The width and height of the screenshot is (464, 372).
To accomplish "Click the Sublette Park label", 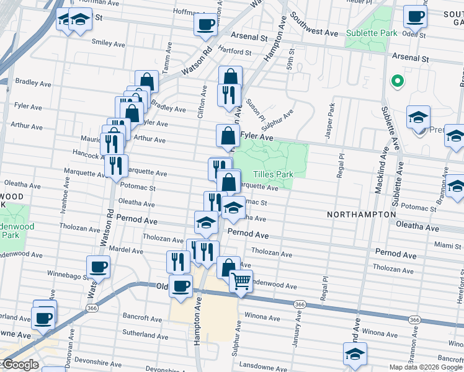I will point(371,32).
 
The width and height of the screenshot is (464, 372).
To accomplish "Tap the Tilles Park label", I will point(273,174).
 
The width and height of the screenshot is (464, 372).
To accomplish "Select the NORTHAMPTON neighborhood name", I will point(362,214).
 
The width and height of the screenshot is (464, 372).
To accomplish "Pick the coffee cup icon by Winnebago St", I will point(98,267).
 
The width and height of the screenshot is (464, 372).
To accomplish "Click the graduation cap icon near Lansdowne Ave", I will point(355,354).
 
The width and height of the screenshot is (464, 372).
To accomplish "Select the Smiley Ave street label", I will point(109,42).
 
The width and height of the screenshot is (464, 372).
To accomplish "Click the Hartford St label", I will point(234,52).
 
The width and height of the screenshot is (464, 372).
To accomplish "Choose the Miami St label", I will point(448,246).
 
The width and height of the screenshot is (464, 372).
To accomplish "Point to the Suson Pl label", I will point(255,108).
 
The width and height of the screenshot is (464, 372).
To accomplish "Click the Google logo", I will point(20,365).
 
